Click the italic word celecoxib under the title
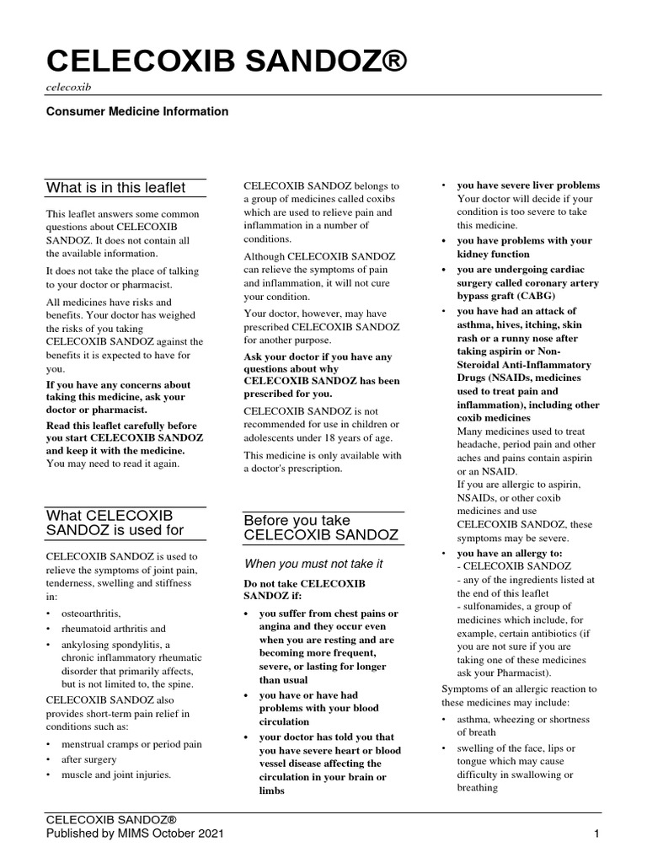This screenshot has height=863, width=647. coord(68,87)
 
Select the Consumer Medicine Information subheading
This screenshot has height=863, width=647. coord(136,111)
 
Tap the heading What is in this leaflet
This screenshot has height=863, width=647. coord(116,187)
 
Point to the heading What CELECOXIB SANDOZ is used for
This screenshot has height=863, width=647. coord(115,523)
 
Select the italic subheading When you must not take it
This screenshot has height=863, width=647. coord(313,563)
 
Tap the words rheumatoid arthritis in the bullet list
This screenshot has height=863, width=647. coord(112,629)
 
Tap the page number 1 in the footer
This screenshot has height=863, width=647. coord(596,834)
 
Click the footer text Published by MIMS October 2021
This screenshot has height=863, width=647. coord(135,834)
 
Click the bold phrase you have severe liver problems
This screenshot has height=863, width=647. coord(528,185)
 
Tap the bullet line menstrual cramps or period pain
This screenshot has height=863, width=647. coord(130,744)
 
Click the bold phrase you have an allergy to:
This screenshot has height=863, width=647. coord(509,553)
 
